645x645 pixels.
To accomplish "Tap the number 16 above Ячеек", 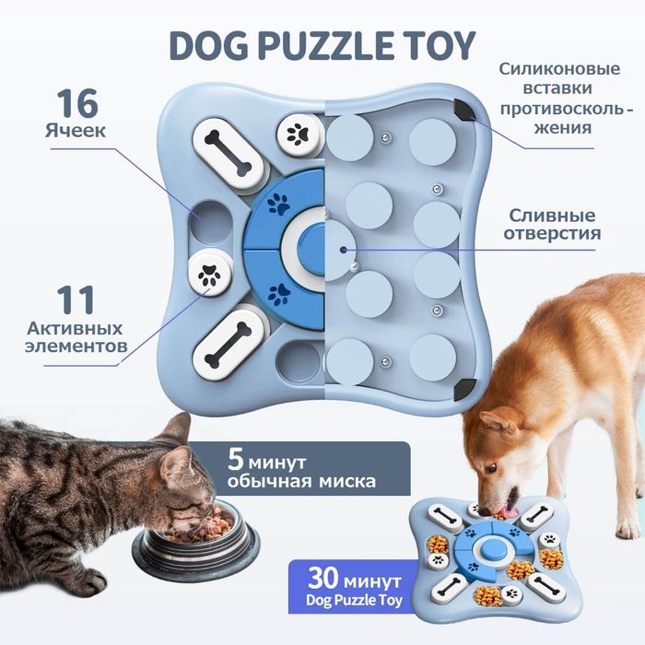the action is [x=77, y=103].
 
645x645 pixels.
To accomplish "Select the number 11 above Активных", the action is [x=76, y=300].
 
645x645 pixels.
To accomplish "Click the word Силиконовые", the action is [x=559, y=69].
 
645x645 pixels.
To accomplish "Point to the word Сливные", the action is [x=552, y=216].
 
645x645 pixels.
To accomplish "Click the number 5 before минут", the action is [x=236, y=460].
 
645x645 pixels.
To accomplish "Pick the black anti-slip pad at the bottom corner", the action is [x=464, y=390].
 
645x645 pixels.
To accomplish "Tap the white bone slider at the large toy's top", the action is [x=228, y=152].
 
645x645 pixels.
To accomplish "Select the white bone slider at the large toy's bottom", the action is [x=228, y=344].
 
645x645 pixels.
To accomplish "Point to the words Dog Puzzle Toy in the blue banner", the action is [x=354, y=600].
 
